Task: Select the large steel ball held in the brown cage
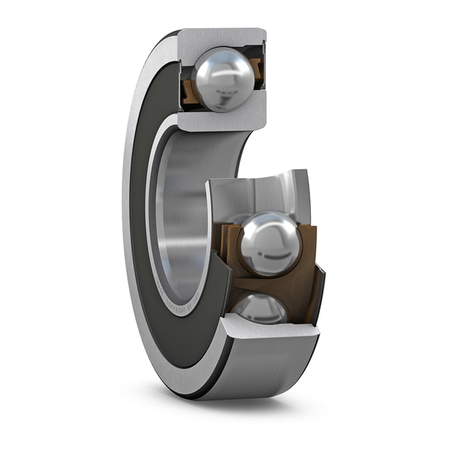coord(269,243)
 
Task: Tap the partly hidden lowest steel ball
coord(259,306)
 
